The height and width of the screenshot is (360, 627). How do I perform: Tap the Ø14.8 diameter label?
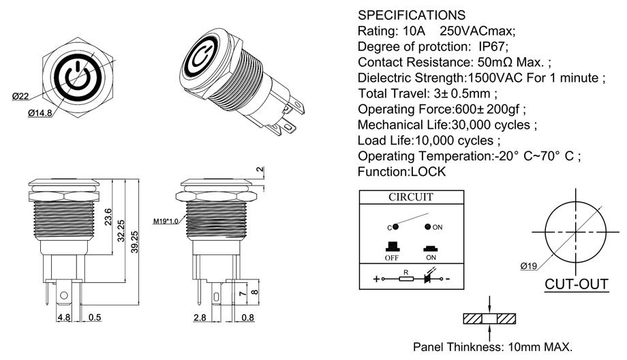(40, 113)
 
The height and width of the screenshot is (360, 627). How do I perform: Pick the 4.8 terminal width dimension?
(63, 318)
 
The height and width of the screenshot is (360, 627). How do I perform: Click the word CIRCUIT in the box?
(410, 198)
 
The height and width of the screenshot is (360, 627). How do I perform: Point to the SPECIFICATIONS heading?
(412, 15)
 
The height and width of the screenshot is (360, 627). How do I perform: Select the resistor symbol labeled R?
(406, 279)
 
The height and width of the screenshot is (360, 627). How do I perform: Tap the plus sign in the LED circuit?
(376, 279)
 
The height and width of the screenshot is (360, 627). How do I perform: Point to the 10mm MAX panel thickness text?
(538, 346)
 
